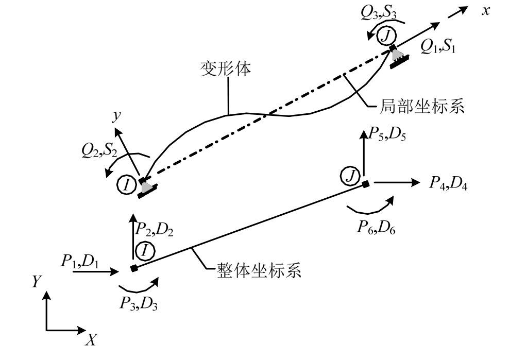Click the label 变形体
point(225,70)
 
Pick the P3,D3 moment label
point(139,304)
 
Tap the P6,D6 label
point(377,227)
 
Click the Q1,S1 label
point(438,47)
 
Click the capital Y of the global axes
point(36,281)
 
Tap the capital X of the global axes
point(92,339)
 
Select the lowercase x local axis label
point(485,11)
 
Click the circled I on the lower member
point(145,251)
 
